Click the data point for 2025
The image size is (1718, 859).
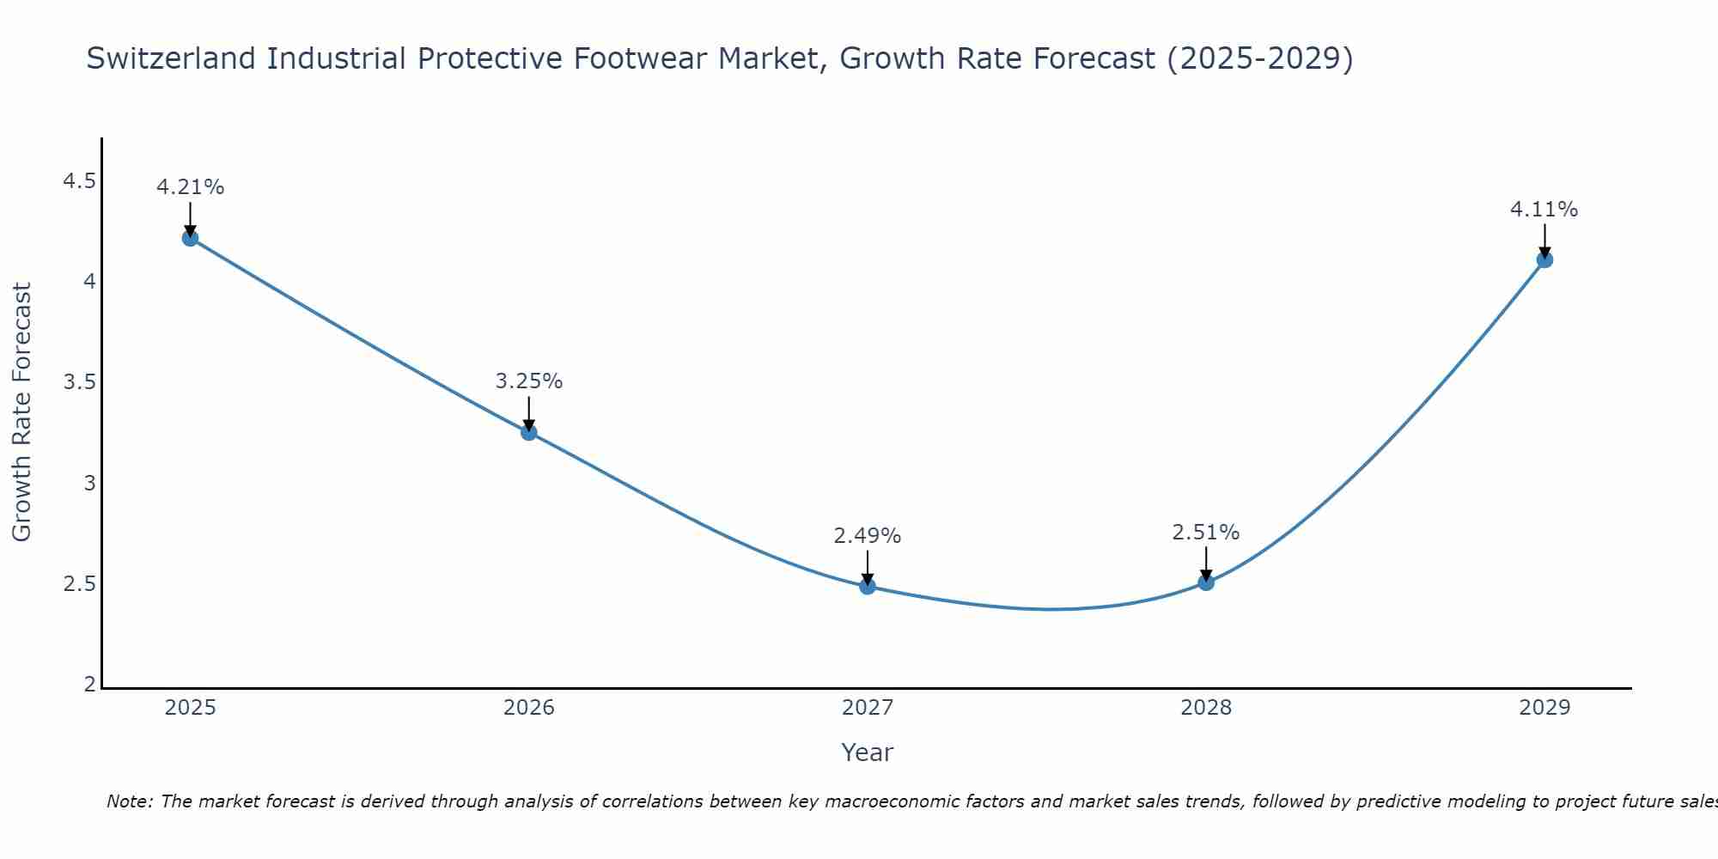coord(190,238)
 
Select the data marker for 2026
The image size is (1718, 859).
coord(529,432)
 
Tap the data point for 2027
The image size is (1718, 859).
coord(868,587)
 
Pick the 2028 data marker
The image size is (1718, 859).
coord(1206,582)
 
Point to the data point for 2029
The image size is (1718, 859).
coord(1544,259)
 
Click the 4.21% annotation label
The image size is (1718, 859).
coord(190,187)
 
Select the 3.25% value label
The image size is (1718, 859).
coord(529,381)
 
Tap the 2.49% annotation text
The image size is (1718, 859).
coord(868,536)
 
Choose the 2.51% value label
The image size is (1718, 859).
coord(1206,533)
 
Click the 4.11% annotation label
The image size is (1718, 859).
coord(1544,210)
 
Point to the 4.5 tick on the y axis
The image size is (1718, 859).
coord(80,181)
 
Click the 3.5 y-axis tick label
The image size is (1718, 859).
coord(80,382)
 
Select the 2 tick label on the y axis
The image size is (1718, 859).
coord(90,685)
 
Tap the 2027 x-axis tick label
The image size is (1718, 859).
coord(868,708)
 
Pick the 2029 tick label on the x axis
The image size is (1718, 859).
coord(1544,708)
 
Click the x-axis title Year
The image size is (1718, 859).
coord(868,752)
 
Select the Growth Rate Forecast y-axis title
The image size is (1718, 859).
coord(21,412)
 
